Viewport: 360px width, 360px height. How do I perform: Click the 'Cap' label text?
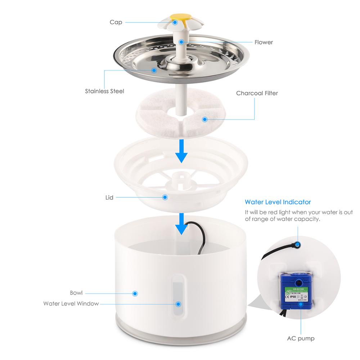point(116,22)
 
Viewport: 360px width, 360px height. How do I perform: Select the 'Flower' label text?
point(264,42)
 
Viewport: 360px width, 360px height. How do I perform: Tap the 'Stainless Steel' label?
point(104,91)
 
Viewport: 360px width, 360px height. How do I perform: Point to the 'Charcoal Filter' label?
point(257,93)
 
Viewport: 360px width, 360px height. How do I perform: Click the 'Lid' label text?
point(109,197)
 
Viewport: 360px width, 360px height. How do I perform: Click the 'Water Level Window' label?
point(71,303)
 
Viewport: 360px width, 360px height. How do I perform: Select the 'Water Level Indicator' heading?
point(278,202)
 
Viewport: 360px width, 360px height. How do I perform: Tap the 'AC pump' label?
point(300,338)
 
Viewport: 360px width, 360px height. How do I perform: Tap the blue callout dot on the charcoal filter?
point(205,119)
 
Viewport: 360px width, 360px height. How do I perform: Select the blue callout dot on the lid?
point(165,197)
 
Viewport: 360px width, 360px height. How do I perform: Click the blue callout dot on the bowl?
point(135,293)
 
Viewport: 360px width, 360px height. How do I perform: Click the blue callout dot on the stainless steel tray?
point(154,70)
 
